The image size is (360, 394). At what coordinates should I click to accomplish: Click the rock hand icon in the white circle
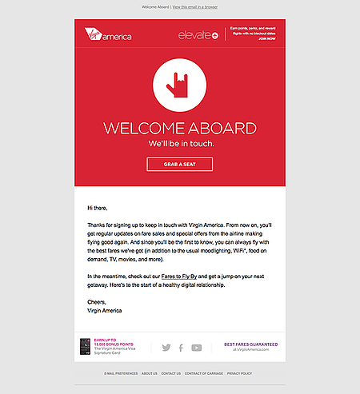(x=179, y=85)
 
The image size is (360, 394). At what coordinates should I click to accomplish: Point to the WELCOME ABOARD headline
(x=179, y=129)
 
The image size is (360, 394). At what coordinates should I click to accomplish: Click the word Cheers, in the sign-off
(x=97, y=301)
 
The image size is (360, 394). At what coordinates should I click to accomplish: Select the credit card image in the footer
(x=84, y=347)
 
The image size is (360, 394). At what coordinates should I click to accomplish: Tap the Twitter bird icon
(x=166, y=348)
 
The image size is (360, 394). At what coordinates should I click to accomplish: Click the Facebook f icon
(x=181, y=348)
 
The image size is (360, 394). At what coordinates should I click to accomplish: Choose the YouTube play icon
(x=197, y=348)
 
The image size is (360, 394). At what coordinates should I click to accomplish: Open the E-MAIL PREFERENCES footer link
(x=120, y=373)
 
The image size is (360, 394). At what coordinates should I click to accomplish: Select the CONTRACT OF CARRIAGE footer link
(x=203, y=373)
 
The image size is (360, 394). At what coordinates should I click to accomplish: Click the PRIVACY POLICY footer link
(x=239, y=373)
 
